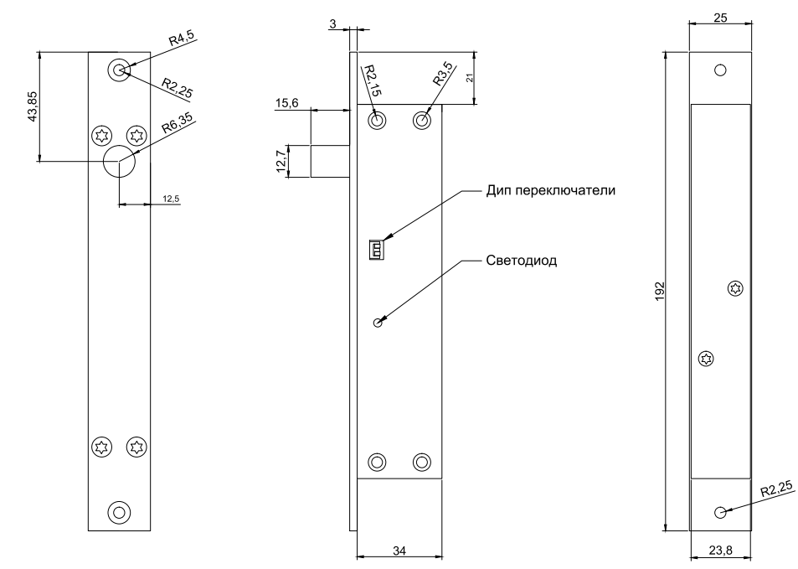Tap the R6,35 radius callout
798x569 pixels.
tap(178, 122)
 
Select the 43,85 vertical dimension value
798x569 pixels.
tap(33, 106)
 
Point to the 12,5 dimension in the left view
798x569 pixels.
tap(171, 199)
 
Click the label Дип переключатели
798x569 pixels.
tap(551, 190)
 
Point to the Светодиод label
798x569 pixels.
tap(522, 260)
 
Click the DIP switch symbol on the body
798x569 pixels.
tap(377, 249)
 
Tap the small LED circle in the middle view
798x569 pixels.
tap(378, 323)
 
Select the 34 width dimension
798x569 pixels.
tap(399, 550)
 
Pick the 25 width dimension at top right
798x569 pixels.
tap(720, 18)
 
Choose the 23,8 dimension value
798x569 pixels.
tap(720, 551)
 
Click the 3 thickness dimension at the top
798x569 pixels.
tap(333, 25)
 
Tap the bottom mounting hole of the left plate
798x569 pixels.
tap(119, 511)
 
